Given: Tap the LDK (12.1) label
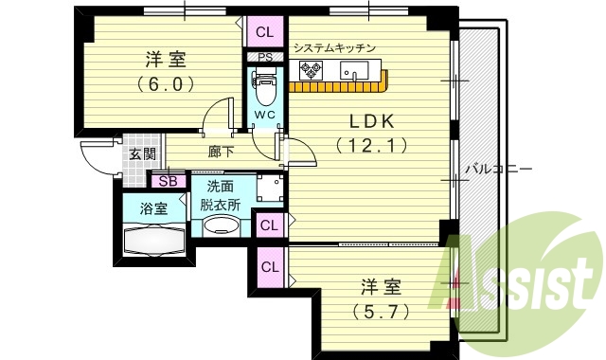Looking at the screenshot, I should pyautogui.click(x=372, y=133).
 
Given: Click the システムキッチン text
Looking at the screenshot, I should pyautogui.click(x=335, y=47).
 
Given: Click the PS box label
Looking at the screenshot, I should pyautogui.click(x=264, y=57).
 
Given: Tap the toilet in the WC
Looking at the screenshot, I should pyautogui.click(x=264, y=93).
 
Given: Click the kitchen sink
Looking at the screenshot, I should pyautogui.click(x=358, y=70).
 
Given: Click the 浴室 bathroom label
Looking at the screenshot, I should pyautogui.click(x=154, y=208).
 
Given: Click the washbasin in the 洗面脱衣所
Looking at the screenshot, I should pyautogui.click(x=223, y=225).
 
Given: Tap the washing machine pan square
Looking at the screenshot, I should pyautogui.click(x=271, y=189).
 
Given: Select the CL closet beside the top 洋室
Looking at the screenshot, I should pyautogui.click(x=264, y=32).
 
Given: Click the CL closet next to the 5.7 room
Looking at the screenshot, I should pyautogui.click(x=270, y=266).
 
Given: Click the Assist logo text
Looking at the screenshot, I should pyautogui.click(x=519, y=280).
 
